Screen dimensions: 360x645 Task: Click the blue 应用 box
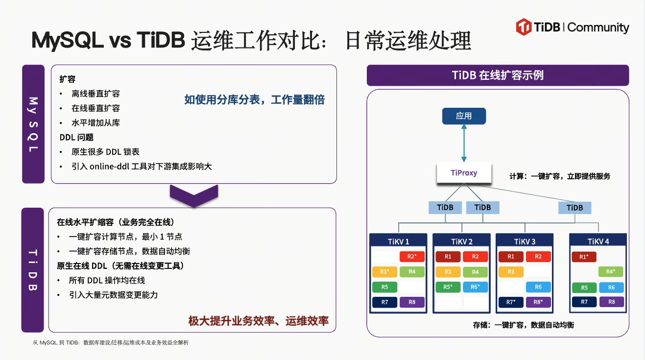[x=464, y=116]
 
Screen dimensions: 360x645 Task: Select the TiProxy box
[x=464, y=173]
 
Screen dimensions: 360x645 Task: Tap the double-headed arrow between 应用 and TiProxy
[x=464, y=144]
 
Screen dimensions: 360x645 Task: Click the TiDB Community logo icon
[x=524, y=27]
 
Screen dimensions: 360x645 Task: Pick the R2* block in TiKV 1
[x=412, y=257]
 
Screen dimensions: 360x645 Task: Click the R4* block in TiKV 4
[x=611, y=272]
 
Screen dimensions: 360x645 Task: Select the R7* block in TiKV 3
[x=511, y=302]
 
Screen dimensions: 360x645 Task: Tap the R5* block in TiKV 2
[x=448, y=288]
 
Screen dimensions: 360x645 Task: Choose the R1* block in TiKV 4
[x=584, y=257]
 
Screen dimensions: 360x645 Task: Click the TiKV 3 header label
[x=525, y=241]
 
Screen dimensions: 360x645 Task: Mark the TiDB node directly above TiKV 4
[x=574, y=208]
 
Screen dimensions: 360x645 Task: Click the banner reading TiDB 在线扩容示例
[x=498, y=75]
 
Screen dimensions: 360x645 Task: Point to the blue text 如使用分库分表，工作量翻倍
[x=254, y=100]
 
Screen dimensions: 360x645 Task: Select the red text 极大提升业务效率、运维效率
[x=259, y=321]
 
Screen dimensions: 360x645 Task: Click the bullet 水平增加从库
[x=96, y=123]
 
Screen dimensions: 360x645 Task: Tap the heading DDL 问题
[x=76, y=138]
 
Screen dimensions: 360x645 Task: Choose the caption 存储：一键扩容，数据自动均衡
[x=523, y=325]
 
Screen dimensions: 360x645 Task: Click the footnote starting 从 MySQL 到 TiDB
[x=111, y=343]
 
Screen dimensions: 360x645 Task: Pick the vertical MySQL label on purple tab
[x=33, y=124]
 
